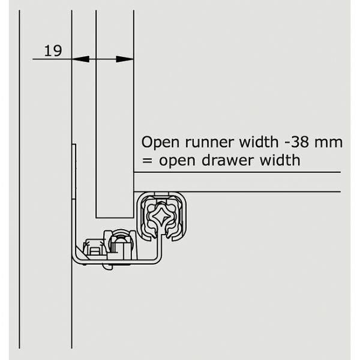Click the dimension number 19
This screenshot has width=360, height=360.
tap(53, 51)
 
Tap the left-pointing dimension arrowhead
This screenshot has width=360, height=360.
tap(80, 59)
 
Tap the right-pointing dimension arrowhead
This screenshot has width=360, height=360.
tap(125, 59)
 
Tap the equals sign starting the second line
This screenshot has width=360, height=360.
tap(147, 161)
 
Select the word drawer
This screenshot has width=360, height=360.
tap(228, 160)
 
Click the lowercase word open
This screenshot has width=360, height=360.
tap(177, 161)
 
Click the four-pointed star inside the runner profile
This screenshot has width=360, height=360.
tap(161, 216)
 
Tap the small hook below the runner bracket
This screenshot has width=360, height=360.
tap(107, 266)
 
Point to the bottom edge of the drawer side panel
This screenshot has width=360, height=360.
tap(115, 217)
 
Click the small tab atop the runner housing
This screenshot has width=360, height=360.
tap(161, 194)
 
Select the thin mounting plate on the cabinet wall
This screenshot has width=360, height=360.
tap(74, 171)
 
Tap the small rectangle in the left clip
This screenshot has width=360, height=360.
tap(94, 251)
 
